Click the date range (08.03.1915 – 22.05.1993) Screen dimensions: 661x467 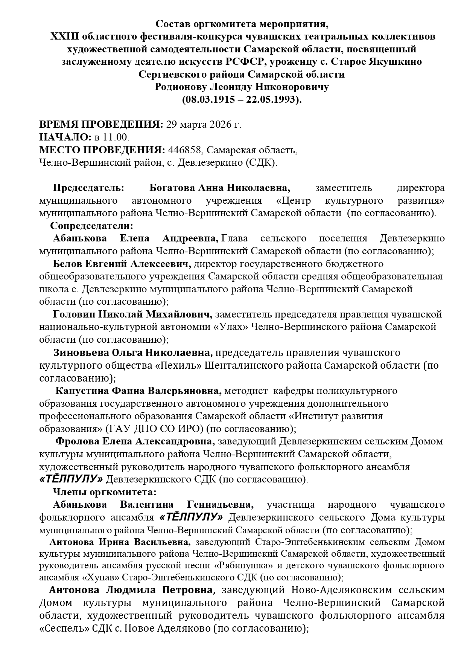point(242,100)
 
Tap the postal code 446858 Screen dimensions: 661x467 point(186,150)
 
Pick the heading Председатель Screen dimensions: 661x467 point(88,188)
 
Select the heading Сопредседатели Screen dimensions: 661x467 point(92,226)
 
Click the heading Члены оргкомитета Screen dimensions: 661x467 point(104,492)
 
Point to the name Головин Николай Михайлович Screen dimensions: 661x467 point(132,314)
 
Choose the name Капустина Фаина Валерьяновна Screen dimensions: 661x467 point(138,391)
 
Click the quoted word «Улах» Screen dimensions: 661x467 point(231,327)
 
